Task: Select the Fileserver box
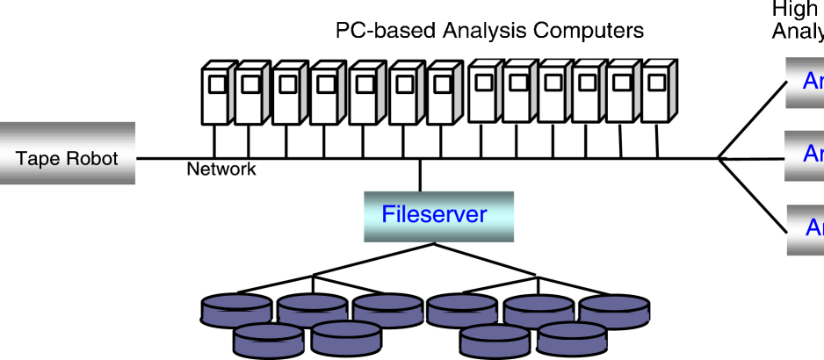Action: pos(438,216)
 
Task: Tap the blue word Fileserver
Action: pos(434,213)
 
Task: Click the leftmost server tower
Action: pos(217,94)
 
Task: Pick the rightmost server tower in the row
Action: pos(656,91)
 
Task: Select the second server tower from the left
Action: pos(249,94)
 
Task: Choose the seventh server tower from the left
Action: pos(442,94)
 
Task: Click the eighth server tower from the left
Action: pos(484,91)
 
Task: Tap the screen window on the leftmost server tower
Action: pos(216,85)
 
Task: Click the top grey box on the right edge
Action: pos(804,83)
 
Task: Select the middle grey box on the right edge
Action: pos(804,155)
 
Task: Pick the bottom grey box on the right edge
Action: pos(805,230)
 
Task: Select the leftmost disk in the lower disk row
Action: pos(269,338)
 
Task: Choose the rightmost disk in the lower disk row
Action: pos(572,339)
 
